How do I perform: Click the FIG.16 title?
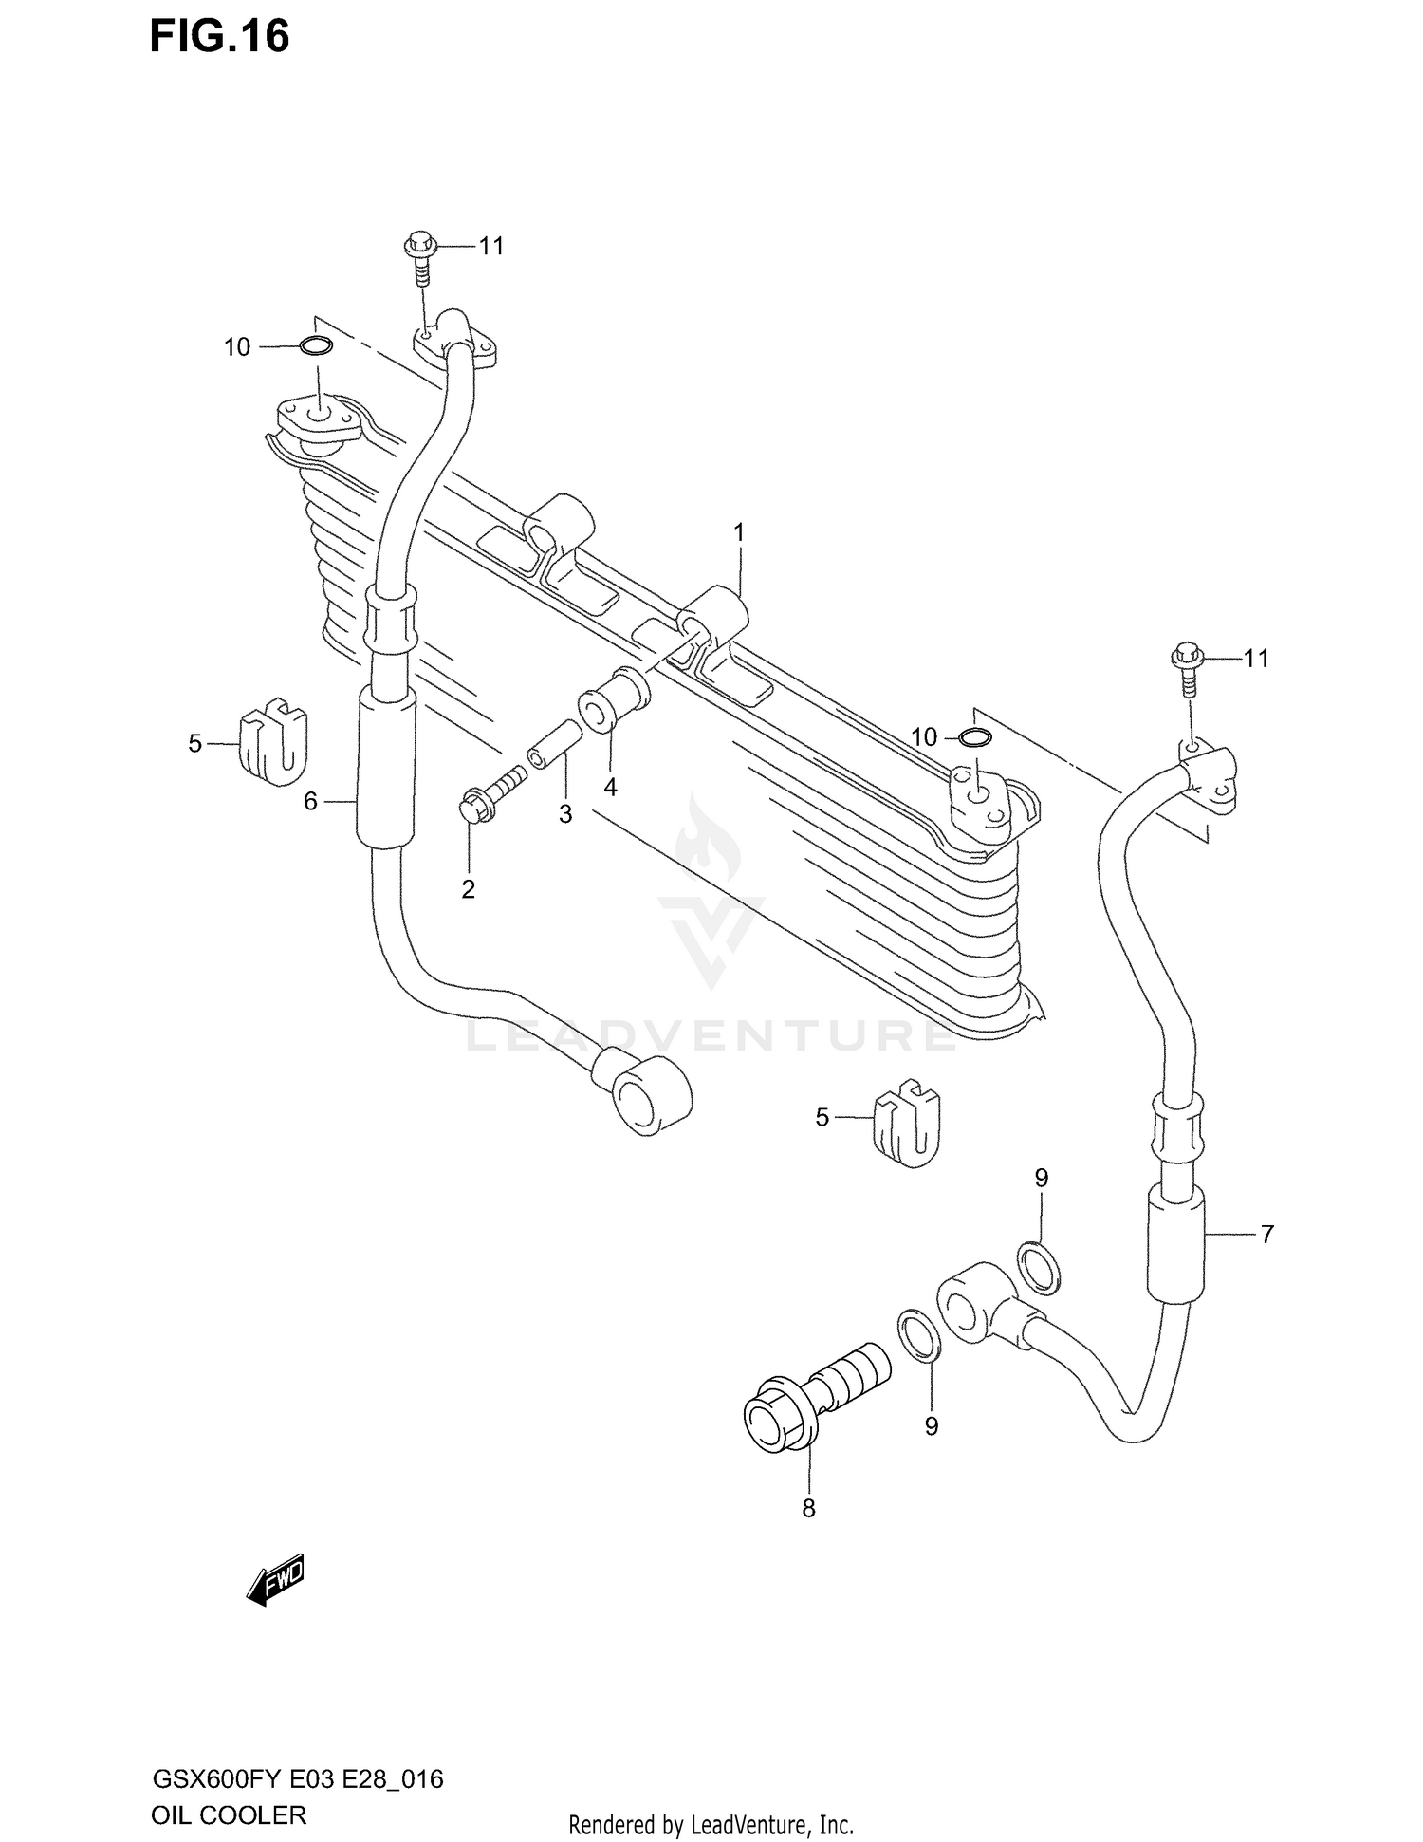tap(219, 37)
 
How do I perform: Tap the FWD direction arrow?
tap(276, 1578)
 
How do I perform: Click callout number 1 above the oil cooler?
tap(739, 532)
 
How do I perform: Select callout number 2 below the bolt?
tap(468, 889)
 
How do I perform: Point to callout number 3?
tap(565, 814)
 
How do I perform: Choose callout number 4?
tap(610, 787)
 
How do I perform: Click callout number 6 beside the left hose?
tap(310, 802)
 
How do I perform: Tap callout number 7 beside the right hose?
tap(1266, 1235)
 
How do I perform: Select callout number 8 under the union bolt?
tap(808, 1508)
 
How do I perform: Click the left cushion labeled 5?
tap(274, 744)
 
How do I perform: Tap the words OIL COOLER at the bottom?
tap(228, 1815)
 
